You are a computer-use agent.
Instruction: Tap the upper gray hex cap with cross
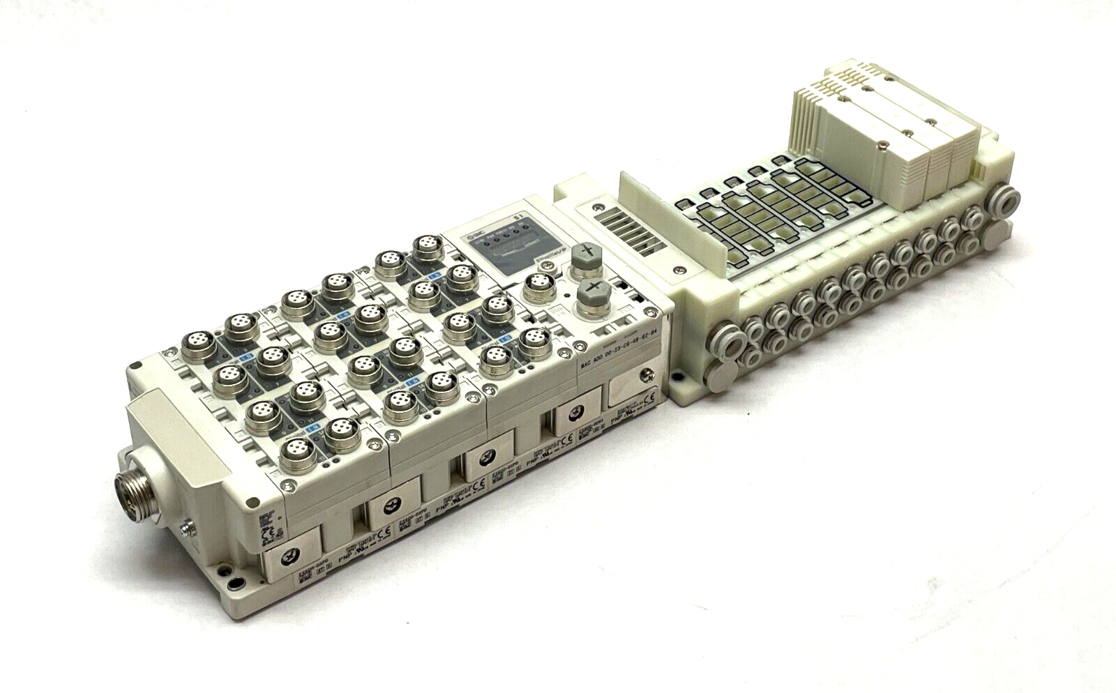coord(585,255)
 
